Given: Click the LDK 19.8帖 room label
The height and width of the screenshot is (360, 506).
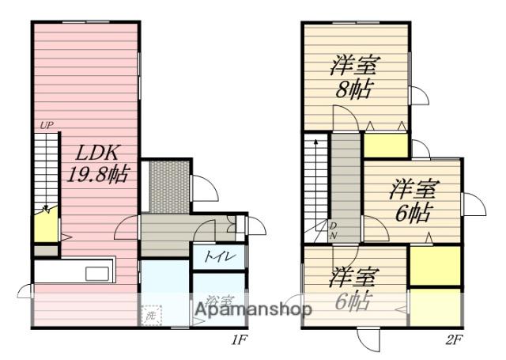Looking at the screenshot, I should point(102,161).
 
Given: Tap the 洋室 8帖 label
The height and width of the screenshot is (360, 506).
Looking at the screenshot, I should point(354,76).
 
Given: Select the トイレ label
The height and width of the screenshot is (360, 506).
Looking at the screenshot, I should point(218,256).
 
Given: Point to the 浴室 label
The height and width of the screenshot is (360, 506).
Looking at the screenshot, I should point(219,301).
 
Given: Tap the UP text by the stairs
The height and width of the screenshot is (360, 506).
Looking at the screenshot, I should point(47,125).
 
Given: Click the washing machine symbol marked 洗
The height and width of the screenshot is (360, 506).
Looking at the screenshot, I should point(151,316).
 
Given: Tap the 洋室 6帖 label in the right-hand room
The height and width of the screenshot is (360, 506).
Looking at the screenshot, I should point(412,200).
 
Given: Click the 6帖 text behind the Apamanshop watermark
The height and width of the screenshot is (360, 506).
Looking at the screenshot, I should point(352,302).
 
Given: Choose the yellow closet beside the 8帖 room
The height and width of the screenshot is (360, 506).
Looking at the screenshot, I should point(381,146).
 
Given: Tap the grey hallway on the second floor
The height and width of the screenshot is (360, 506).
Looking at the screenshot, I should point(345,182).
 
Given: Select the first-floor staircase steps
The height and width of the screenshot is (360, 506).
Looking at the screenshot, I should point(46,170).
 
